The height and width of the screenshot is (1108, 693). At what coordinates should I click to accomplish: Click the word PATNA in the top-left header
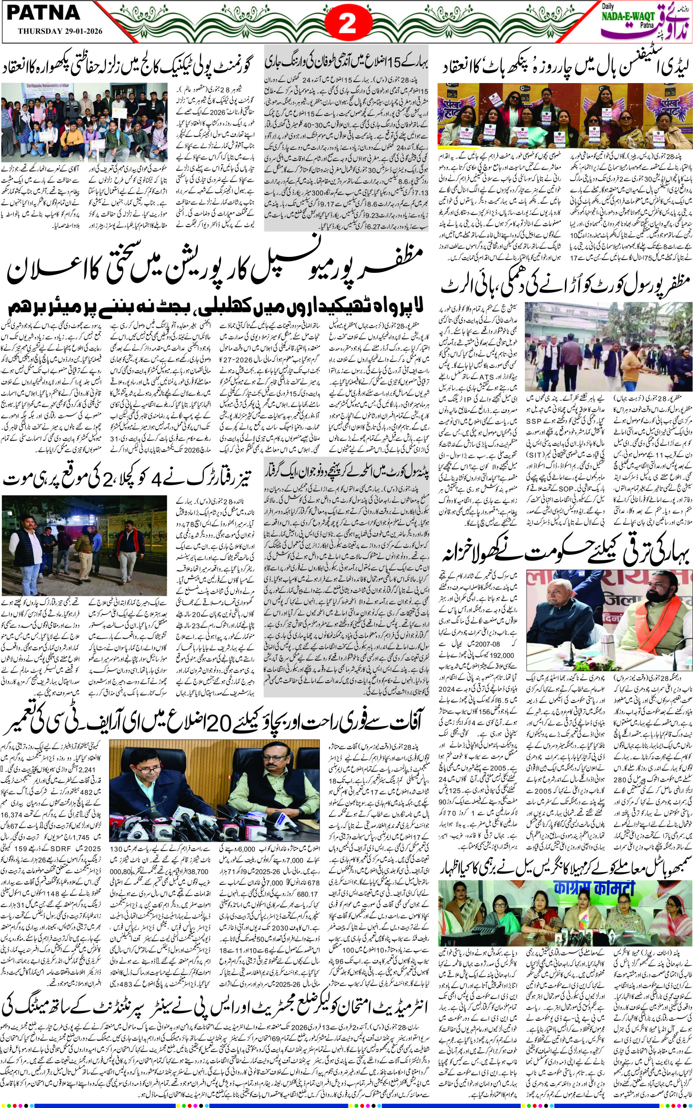(43, 14)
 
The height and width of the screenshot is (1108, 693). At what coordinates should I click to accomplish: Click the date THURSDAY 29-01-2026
(60, 31)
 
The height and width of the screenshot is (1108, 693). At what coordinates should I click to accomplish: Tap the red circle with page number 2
(346, 23)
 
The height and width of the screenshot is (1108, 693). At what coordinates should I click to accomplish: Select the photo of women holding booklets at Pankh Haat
(565, 116)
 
